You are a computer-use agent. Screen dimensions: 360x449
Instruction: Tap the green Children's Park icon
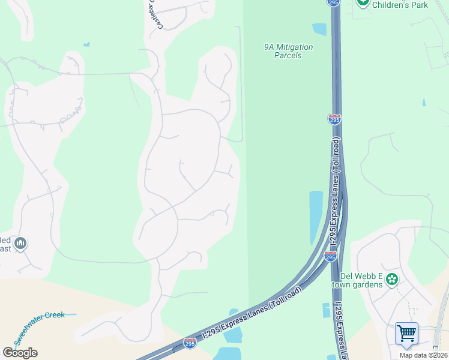point(363,2)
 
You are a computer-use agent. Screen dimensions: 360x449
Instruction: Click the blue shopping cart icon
point(406,333)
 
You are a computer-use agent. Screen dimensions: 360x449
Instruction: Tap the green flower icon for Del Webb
point(392,279)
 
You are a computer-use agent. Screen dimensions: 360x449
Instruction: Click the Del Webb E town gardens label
point(361,280)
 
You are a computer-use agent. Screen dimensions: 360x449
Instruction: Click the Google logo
point(20,352)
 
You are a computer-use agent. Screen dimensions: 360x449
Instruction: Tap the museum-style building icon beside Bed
point(20,243)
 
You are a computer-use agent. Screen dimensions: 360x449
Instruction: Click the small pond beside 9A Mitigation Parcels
point(319,29)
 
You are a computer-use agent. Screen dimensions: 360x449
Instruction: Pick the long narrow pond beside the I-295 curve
point(315,216)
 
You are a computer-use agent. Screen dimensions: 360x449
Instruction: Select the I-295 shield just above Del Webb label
point(330,256)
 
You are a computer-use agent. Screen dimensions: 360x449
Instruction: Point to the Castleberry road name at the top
point(152,12)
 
